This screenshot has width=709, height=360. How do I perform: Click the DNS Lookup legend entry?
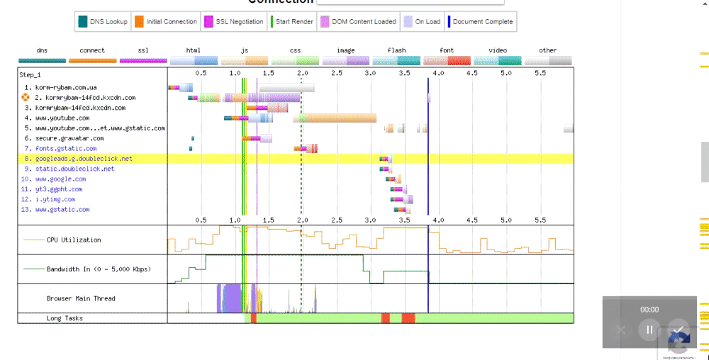(x=104, y=22)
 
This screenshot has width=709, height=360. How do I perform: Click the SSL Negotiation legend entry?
(x=230, y=22)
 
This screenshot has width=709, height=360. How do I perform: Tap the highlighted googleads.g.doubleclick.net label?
(x=84, y=159)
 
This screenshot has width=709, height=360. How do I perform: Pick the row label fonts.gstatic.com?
(x=66, y=149)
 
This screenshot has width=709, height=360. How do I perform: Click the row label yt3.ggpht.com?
(x=59, y=189)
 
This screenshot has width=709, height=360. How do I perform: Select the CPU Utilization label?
(x=74, y=240)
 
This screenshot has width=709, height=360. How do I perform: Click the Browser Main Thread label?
(x=81, y=298)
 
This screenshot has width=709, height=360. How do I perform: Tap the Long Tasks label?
(x=65, y=318)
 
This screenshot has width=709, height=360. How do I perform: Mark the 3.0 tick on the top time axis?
(x=370, y=73)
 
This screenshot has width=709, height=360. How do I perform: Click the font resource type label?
(x=447, y=50)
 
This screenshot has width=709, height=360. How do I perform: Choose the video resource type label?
(x=498, y=50)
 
